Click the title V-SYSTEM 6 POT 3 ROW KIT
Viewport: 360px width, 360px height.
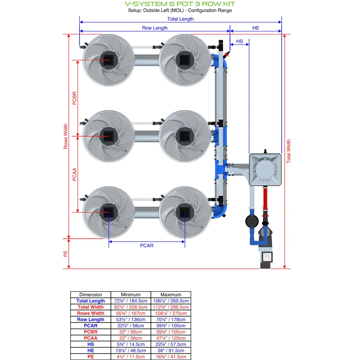(x=180, y=4)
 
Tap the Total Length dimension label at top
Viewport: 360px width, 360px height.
(x=180, y=19)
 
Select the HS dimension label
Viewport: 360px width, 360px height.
(x=239, y=41)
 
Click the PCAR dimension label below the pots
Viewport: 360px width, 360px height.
(x=147, y=245)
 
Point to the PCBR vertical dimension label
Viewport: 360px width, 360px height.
(x=74, y=98)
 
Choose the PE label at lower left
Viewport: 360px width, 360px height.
(x=66, y=253)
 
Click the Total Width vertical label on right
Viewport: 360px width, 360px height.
(x=288, y=151)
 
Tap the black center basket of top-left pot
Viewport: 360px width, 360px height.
(x=108, y=60)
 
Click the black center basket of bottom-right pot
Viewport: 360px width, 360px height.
(x=185, y=213)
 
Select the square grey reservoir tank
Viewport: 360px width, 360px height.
(x=265, y=170)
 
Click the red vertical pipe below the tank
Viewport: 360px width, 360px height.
(x=265, y=199)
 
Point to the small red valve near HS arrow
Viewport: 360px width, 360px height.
(x=227, y=54)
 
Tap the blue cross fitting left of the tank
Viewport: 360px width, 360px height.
(x=221, y=169)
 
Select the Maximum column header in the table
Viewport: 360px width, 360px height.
(x=171, y=295)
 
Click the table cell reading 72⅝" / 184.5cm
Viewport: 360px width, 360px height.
(x=131, y=301)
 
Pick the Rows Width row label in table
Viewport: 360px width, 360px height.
(x=90, y=313)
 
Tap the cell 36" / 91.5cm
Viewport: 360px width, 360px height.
(x=171, y=350)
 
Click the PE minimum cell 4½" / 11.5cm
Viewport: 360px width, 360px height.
(x=131, y=357)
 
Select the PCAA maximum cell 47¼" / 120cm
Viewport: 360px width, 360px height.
(x=171, y=338)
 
